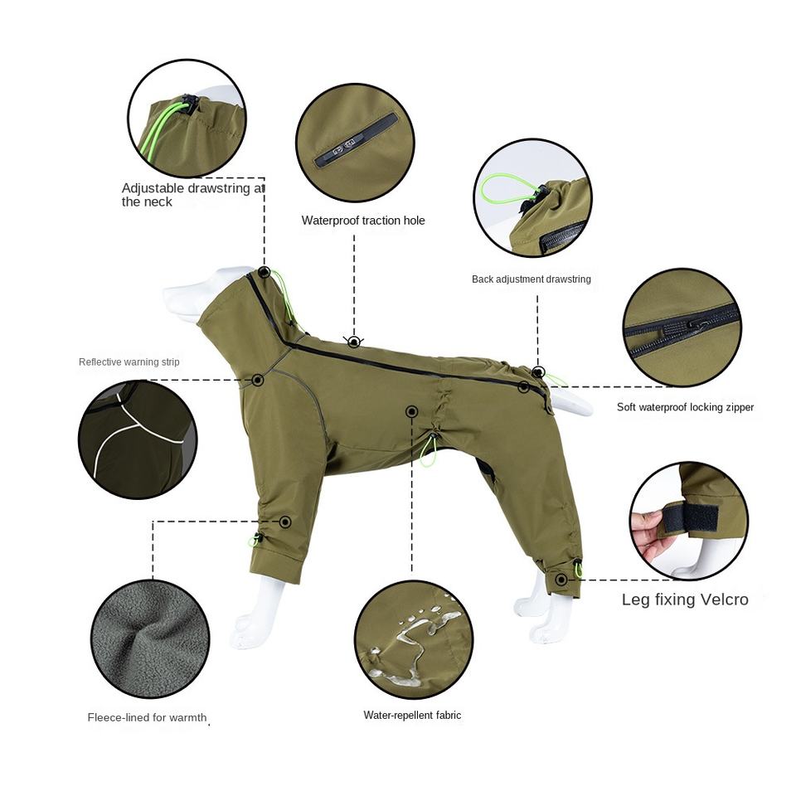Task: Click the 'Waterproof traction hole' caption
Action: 363,221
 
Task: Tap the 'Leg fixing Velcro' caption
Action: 685,599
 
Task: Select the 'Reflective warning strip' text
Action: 129,362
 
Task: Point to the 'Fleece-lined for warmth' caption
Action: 148,717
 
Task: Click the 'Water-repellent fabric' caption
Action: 412,716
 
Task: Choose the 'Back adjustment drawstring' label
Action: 531,279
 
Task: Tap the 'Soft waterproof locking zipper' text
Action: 686,407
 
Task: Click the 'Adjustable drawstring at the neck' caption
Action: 193,195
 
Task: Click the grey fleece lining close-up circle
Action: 150,639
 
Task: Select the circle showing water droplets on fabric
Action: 413,639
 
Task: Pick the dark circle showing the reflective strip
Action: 138,439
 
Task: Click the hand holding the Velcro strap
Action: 646,532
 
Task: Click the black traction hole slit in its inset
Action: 356,141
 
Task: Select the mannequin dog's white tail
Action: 571,401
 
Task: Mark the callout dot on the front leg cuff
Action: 285,522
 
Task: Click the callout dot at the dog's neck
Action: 264,272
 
